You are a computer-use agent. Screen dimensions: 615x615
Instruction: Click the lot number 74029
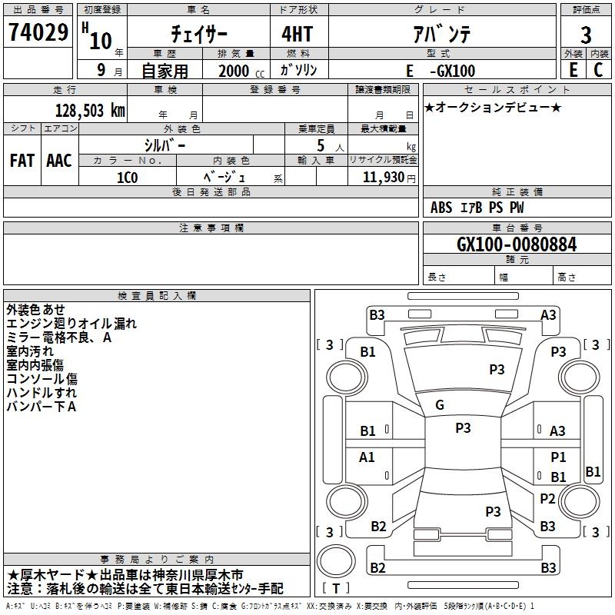[x=38, y=35]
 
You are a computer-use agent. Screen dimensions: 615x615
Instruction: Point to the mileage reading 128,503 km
[x=90, y=110]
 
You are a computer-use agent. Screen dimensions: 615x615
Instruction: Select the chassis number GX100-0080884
[x=517, y=244]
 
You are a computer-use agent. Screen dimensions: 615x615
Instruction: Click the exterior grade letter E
[x=573, y=70]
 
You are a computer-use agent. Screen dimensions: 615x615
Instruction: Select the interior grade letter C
[x=599, y=70]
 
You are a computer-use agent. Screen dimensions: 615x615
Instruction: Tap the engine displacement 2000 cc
[x=238, y=71]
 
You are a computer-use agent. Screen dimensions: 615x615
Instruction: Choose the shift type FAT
[x=22, y=161]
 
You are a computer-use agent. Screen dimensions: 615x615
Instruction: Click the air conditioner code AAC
[x=58, y=161]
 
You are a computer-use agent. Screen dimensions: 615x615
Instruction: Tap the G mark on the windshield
[x=440, y=405]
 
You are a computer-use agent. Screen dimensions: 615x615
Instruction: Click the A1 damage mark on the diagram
[x=367, y=457]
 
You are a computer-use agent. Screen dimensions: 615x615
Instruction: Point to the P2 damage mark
[x=547, y=498]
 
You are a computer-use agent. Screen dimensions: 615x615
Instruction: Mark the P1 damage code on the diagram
[x=558, y=457]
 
